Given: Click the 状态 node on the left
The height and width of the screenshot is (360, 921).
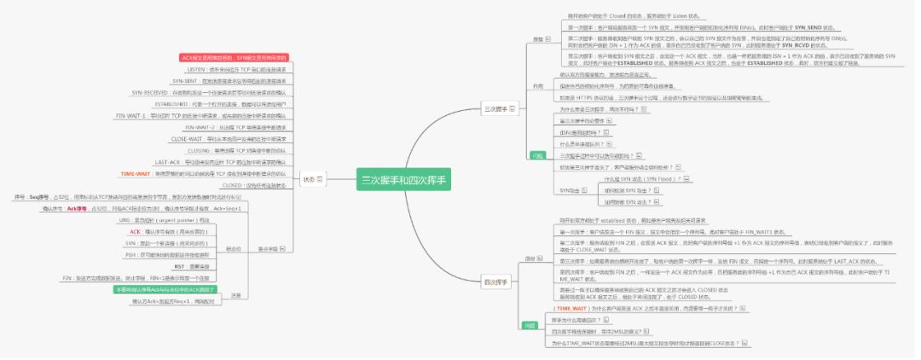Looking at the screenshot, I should click(310, 179).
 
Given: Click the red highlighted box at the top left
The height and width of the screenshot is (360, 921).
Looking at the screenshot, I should click(235, 57).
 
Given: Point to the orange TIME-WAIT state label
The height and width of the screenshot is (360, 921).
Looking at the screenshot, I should click(136, 173).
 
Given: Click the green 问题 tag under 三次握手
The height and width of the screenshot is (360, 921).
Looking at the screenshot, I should click(538, 156).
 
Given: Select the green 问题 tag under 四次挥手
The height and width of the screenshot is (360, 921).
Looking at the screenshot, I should click(530, 325).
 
